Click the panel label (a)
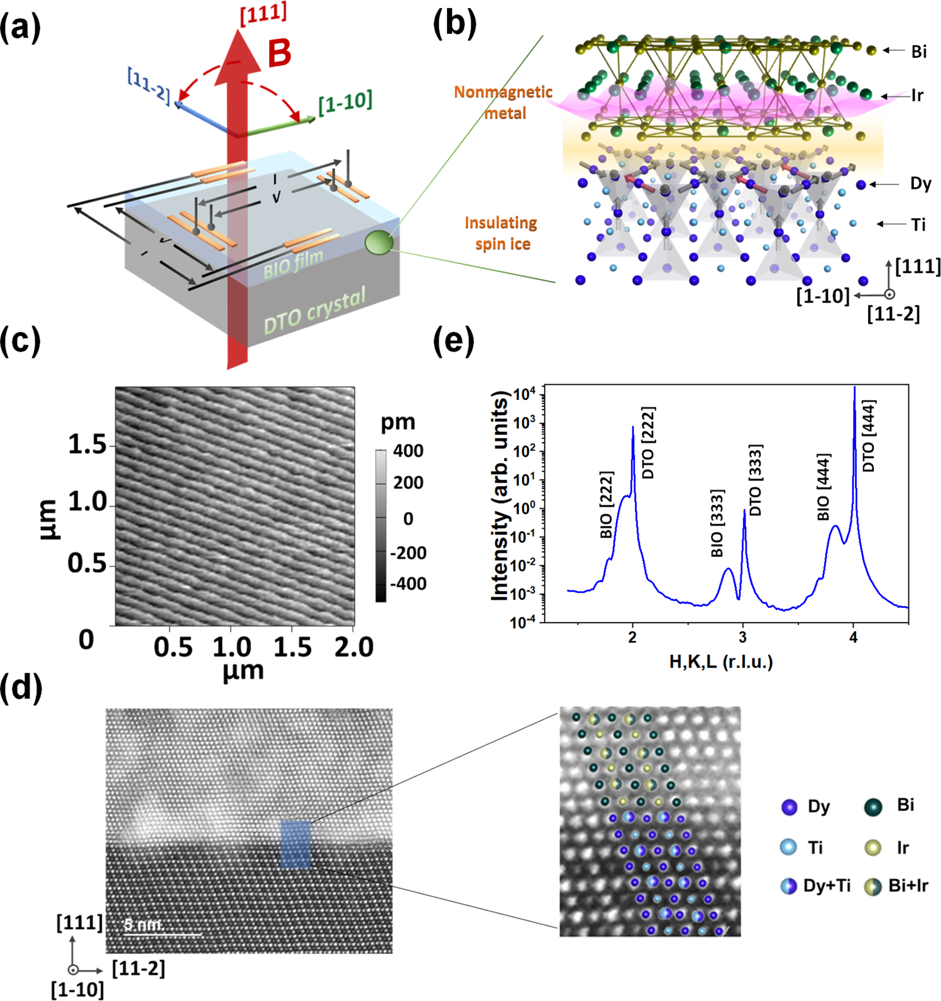coord(20,28)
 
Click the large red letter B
coord(279,53)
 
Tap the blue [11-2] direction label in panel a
coord(149,85)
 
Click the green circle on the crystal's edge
coord(379,243)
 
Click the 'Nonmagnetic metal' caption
coord(504,102)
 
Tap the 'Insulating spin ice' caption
coord(501,233)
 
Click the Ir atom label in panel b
coord(917,96)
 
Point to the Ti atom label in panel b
coord(918,224)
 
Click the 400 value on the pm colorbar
coord(408,451)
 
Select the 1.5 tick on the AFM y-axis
coord(87,445)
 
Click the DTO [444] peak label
coord(869,435)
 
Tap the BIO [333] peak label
coord(717,523)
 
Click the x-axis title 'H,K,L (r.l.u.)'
coord(721,661)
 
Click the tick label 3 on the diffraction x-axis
coord(743,638)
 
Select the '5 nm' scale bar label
coord(143,924)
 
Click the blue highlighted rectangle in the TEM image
coord(295,844)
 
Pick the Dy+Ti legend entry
coord(816,886)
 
